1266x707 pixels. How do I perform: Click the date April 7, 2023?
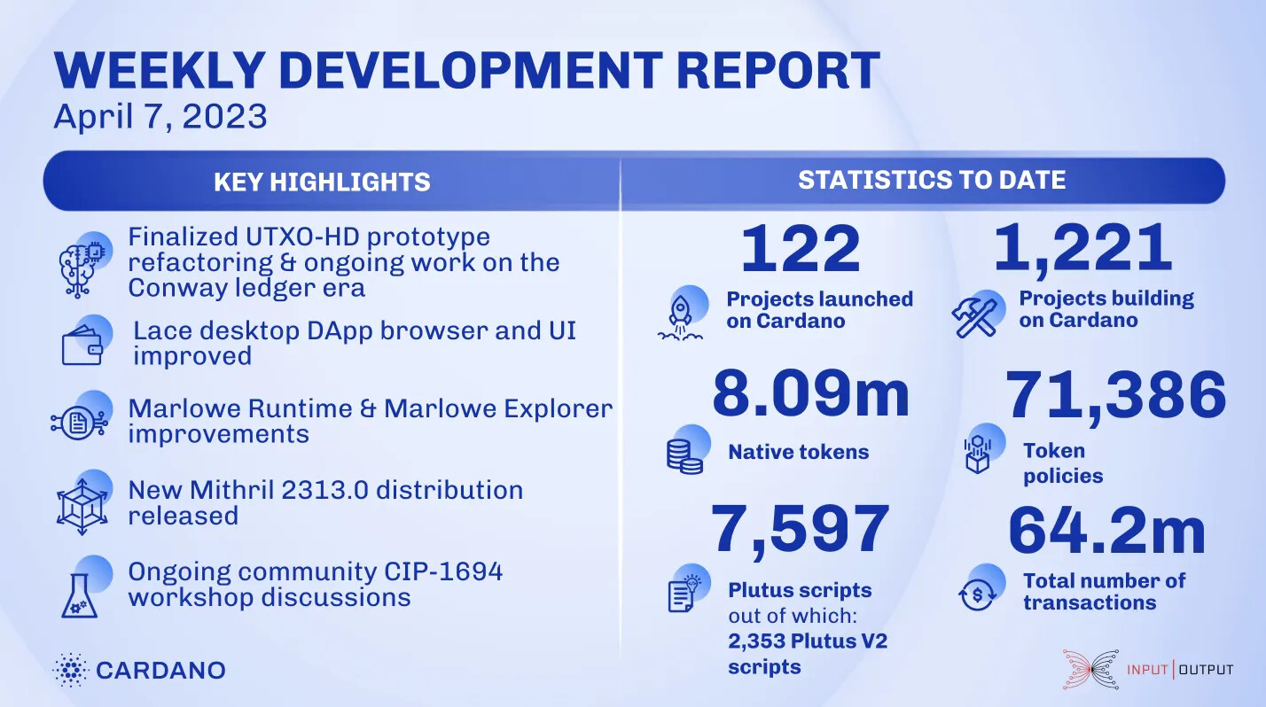pos(160,117)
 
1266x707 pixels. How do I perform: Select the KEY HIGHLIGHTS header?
pos(322,183)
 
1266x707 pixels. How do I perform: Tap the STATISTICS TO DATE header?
pos(932,180)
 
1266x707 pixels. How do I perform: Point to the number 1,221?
pos(1082,248)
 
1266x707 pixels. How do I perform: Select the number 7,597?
pos(800,529)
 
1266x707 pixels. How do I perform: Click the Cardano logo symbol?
pos(69,670)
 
